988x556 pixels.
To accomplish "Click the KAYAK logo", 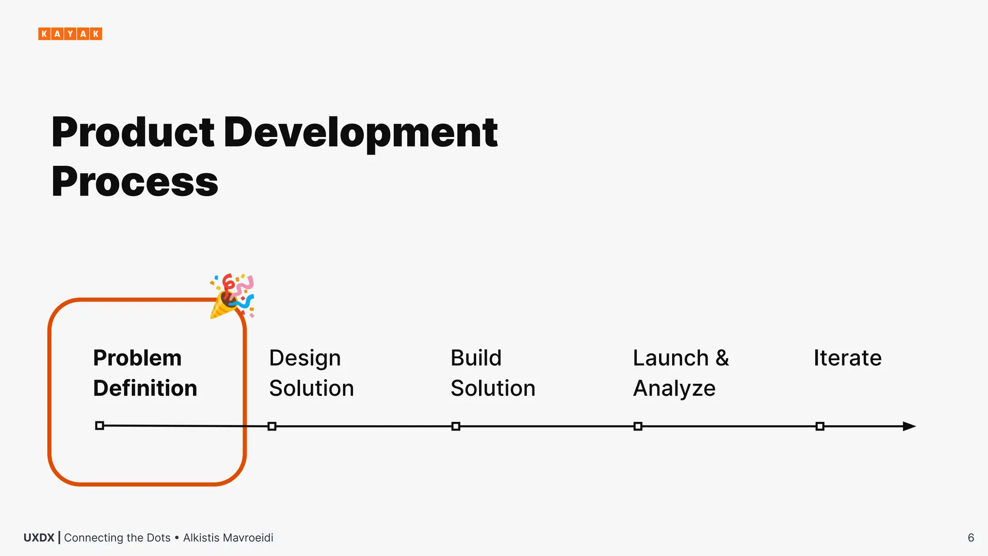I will coord(70,34).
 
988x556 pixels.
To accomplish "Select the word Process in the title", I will coord(135,182).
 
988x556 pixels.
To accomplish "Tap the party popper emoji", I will coord(232,296).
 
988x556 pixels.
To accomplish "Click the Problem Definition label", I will coord(145,373).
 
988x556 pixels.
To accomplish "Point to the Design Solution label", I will coord(311,373).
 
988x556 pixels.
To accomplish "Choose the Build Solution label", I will coord(493,373).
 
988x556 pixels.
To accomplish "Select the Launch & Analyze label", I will coord(680,373).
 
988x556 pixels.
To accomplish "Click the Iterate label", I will coord(847,358).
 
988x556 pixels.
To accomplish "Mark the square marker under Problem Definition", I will coord(99,425).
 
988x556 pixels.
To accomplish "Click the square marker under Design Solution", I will coord(272,426).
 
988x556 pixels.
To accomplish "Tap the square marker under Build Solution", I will coord(456,426).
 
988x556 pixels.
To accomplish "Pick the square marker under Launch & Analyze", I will coord(638,426).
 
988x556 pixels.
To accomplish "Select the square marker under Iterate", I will coord(820,426).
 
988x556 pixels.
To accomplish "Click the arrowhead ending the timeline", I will coord(909,426).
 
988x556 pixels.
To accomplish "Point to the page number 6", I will coord(971,538).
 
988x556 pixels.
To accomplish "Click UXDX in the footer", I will coord(39,538).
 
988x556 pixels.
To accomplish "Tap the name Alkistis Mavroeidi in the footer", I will coord(228,538).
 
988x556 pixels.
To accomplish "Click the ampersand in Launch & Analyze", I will coord(722,358).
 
